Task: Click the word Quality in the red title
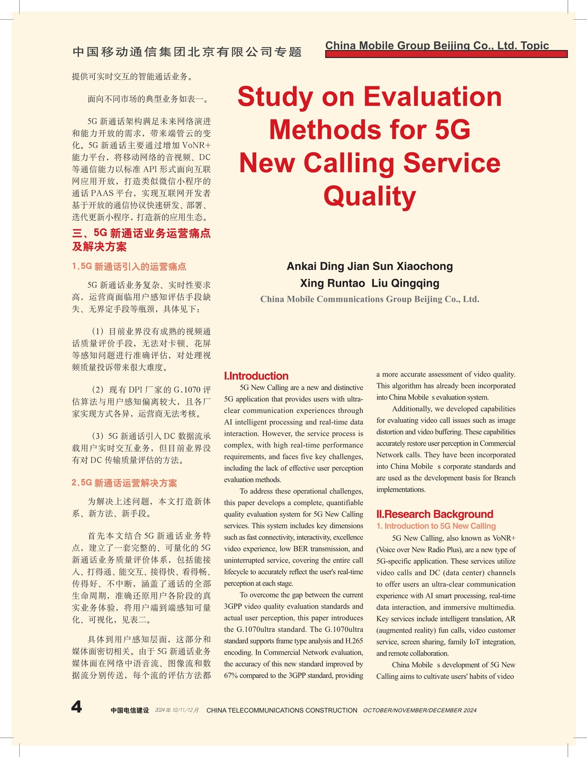point(369,196)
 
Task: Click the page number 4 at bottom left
point(76,707)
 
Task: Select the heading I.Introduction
point(256,376)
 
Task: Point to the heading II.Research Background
point(435,514)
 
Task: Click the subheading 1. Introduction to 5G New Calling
point(436,526)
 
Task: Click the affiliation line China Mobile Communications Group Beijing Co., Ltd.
point(369,299)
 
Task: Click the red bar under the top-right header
point(446,54)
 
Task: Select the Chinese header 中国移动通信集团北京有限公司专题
point(187,52)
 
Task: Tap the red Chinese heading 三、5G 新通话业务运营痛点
point(141,233)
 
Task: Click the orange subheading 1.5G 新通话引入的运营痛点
point(129,266)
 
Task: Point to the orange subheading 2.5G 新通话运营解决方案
point(124,483)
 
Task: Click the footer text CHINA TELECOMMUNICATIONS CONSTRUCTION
point(282,710)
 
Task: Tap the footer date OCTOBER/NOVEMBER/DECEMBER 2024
point(419,710)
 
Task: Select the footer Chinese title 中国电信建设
point(130,710)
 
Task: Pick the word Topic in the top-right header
point(535,45)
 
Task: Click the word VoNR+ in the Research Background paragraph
point(504,538)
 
